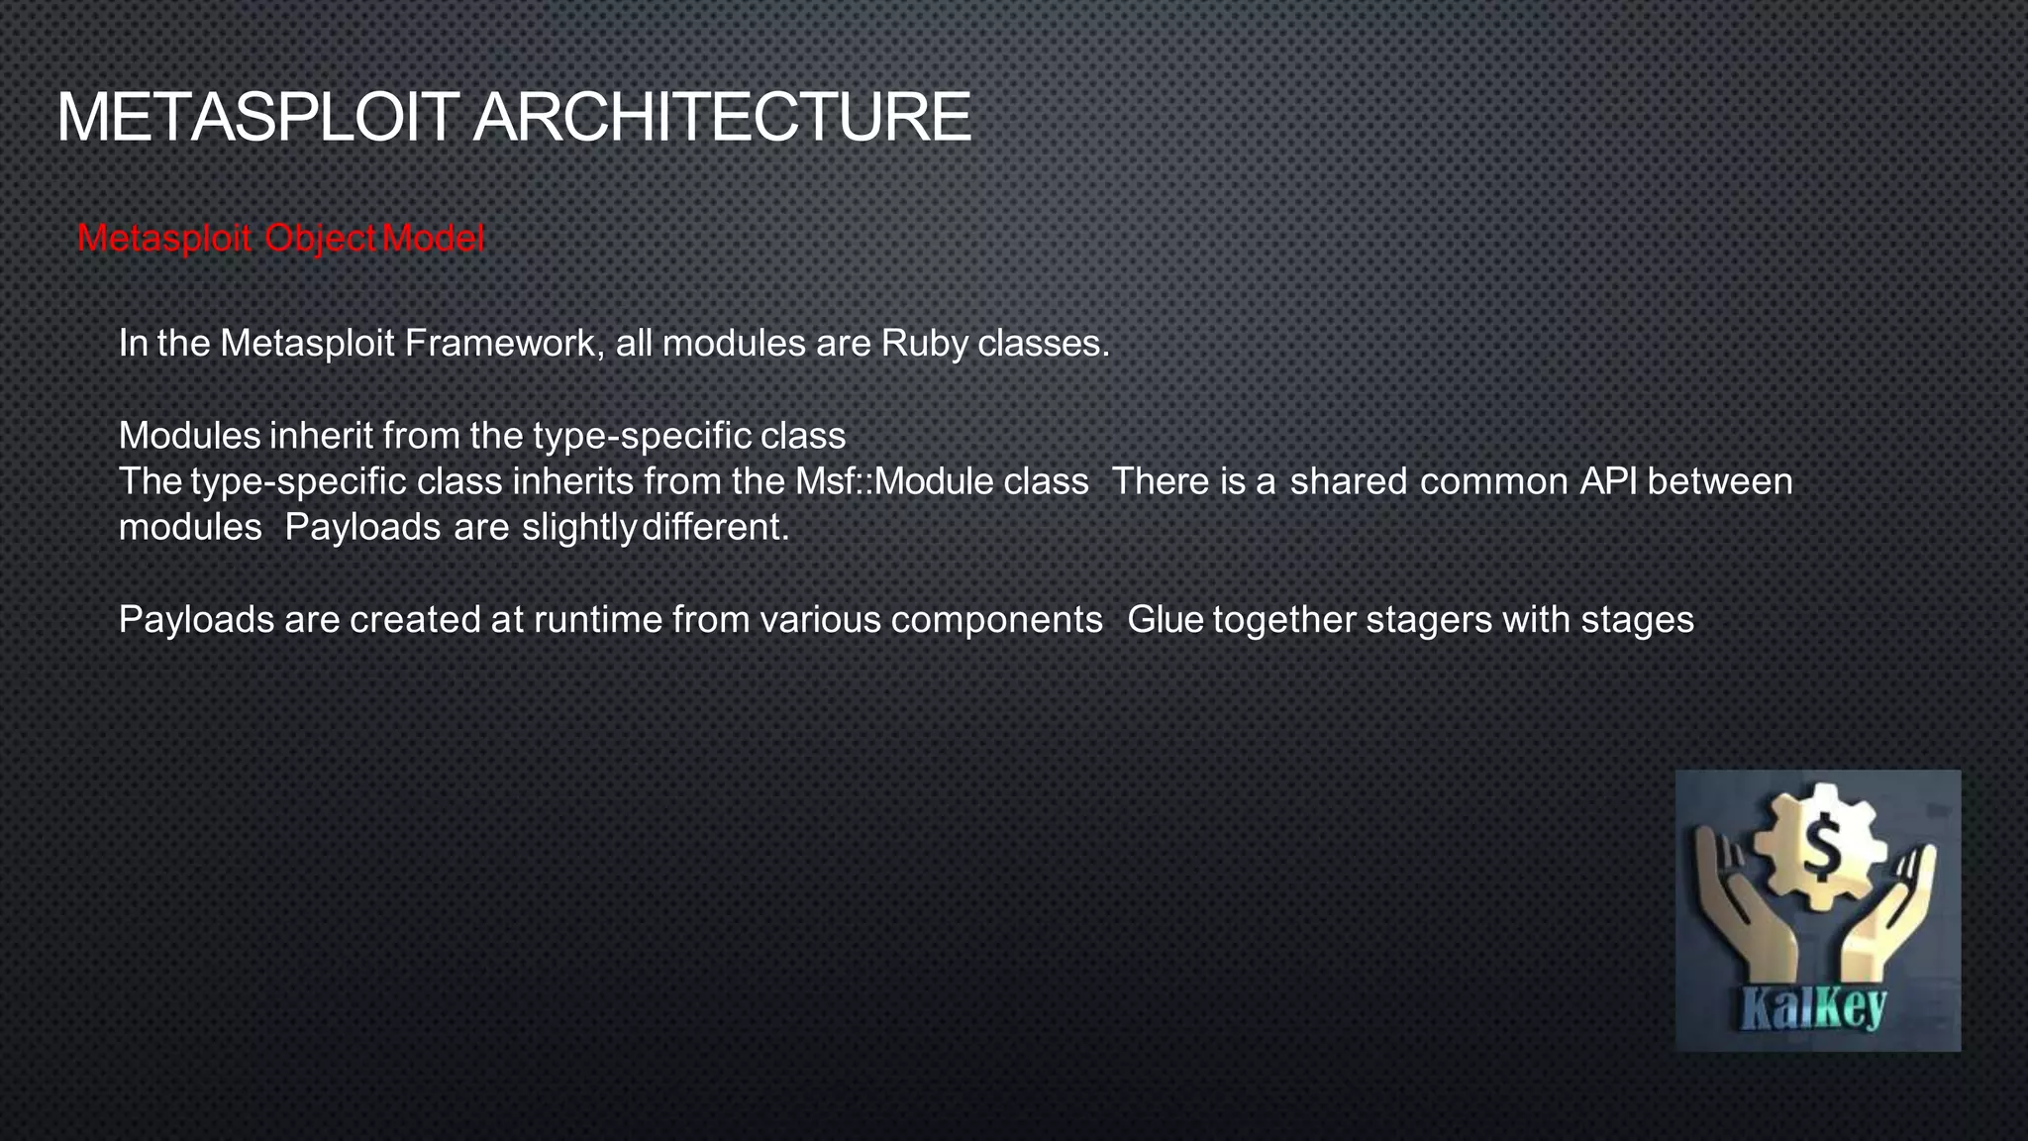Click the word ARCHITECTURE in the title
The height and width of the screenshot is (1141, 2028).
click(721, 118)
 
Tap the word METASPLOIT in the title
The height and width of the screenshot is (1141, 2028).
click(258, 118)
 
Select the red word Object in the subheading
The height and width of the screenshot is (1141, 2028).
click(320, 238)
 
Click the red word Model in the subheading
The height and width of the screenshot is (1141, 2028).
click(433, 238)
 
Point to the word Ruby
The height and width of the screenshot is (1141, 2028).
click(924, 344)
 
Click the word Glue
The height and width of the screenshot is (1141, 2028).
click(1166, 620)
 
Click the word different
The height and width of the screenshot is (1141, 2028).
click(715, 527)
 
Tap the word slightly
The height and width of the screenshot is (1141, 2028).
click(578, 527)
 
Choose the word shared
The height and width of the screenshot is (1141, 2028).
click(1348, 481)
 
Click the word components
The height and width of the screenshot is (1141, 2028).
click(996, 620)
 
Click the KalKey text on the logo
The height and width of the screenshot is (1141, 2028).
click(1813, 1009)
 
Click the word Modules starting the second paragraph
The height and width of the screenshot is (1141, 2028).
click(189, 436)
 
